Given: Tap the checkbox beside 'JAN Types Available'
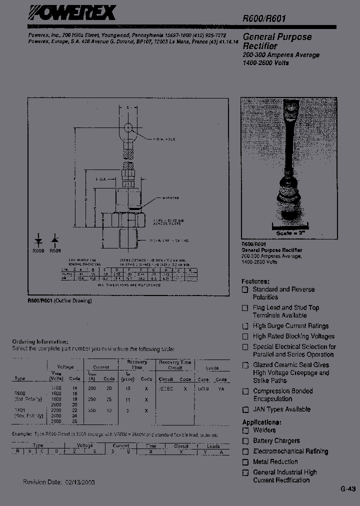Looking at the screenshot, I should tap(245, 410).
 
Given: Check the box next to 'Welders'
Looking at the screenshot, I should tap(245, 430).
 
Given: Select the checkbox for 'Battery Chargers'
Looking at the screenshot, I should tap(245, 441).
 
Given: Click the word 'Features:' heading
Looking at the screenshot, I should tap(255, 281).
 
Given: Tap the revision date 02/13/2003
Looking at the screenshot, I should tap(78, 482).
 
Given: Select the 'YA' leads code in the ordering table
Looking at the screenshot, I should tap(221, 388).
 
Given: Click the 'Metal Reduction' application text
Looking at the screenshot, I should tap(275, 462).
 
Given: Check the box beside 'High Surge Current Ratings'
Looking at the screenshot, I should tap(245, 326).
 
